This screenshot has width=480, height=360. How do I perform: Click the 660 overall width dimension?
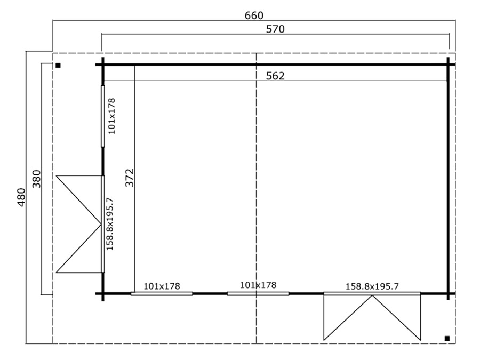(254, 15)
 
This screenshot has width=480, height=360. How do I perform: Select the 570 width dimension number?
(275, 29)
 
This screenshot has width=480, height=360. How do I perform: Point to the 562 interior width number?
(275, 76)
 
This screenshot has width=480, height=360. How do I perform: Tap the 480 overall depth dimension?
(21, 197)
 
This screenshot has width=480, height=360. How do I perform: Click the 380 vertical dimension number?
(36, 179)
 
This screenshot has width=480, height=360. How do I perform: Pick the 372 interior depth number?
(130, 178)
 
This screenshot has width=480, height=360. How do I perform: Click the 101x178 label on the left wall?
(111, 116)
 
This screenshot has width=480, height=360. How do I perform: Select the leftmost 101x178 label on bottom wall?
(162, 286)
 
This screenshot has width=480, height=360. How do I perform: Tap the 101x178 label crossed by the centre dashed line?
(258, 285)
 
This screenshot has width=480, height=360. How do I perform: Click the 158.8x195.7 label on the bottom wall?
(372, 286)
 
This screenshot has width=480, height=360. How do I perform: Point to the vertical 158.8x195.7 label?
(110, 224)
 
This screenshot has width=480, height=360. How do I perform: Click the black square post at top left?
(58, 66)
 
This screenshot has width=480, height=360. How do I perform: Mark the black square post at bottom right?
(447, 338)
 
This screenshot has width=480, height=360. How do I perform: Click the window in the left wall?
(102, 116)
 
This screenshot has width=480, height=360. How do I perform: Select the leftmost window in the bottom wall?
(162, 293)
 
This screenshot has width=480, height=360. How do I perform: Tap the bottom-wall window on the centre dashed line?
(258, 293)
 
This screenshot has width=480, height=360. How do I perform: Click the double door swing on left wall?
(79, 224)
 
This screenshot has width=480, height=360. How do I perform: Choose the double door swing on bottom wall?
(372, 317)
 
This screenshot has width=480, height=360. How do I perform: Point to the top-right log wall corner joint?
(448, 65)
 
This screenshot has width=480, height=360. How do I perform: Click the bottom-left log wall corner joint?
(102, 293)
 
